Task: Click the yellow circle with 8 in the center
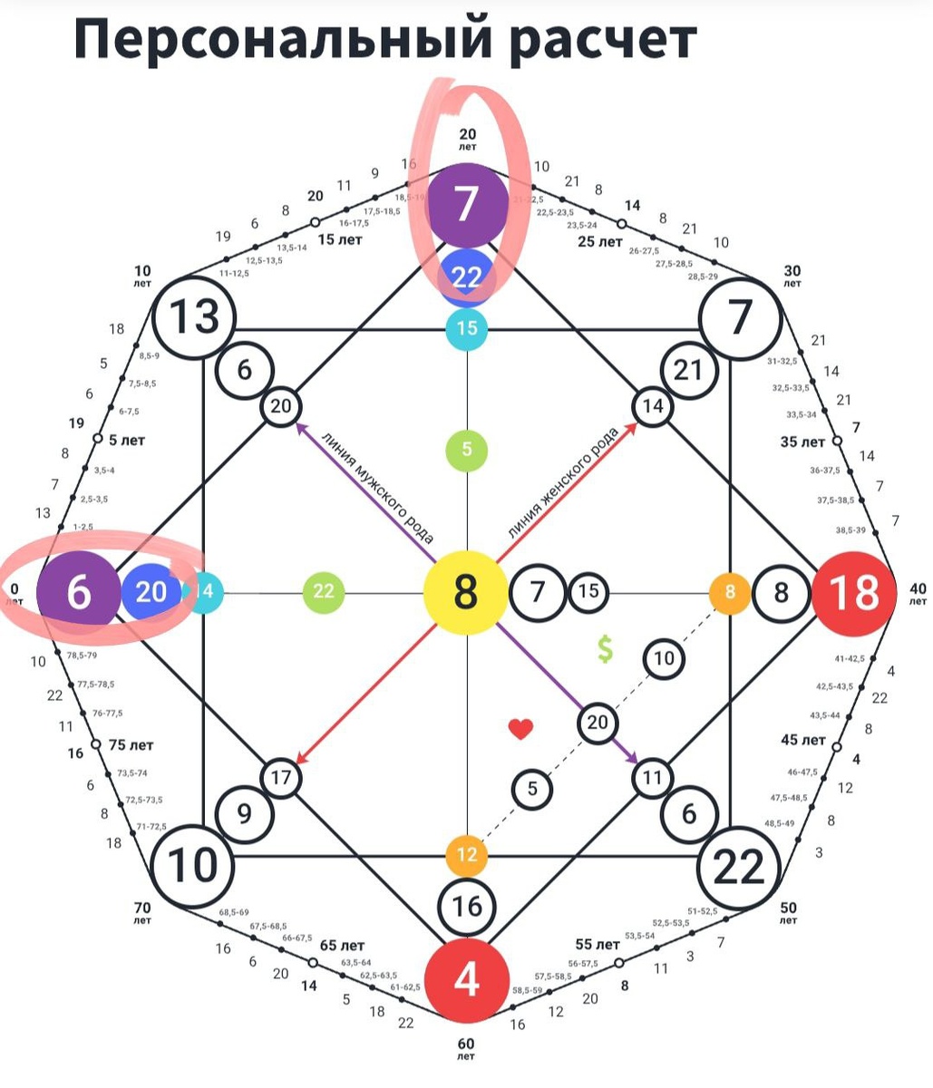(x=465, y=593)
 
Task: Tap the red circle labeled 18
(x=853, y=593)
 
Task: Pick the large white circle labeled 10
(x=191, y=865)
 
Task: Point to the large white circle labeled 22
(x=740, y=868)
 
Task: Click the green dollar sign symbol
(x=605, y=648)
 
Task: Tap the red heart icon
(x=520, y=728)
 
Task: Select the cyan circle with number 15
(x=466, y=328)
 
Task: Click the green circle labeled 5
(x=466, y=450)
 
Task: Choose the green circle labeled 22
(x=324, y=593)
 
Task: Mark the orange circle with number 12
(x=466, y=855)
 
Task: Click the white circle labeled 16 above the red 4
(x=466, y=907)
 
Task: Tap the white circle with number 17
(x=281, y=778)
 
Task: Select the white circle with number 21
(x=689, y=370)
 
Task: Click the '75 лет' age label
(x=131, y=745)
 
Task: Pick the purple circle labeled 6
(x=78, y=593)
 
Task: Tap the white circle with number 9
(x=245, y=813)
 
